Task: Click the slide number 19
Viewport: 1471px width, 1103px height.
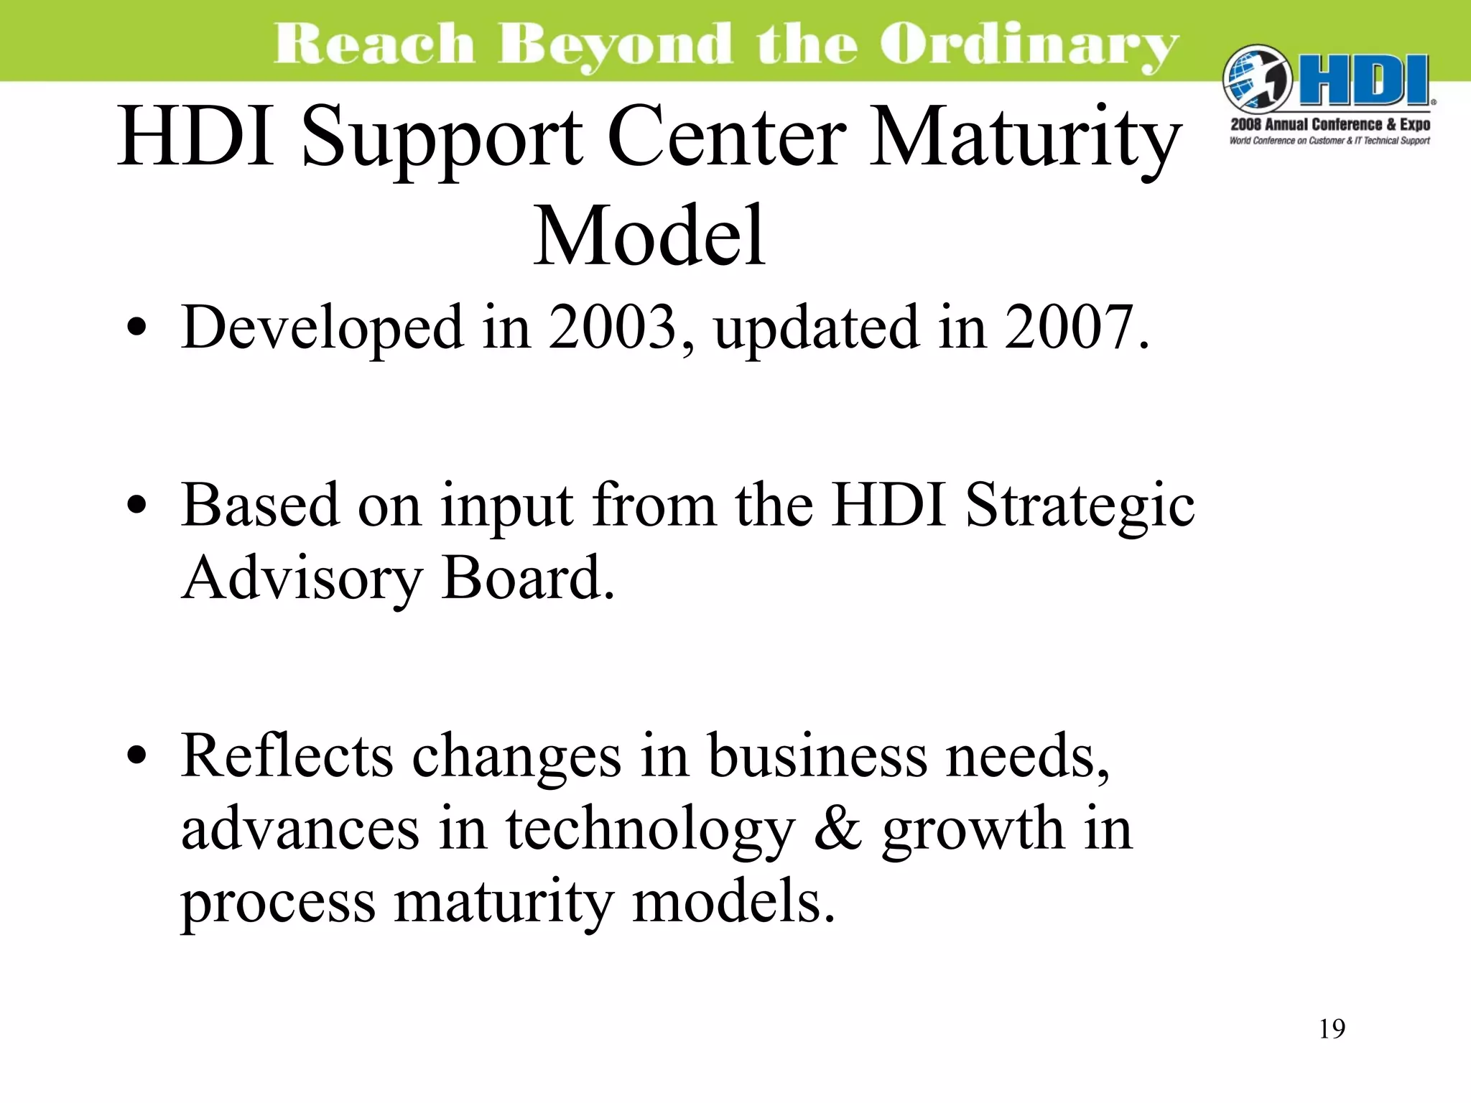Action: click(x=1332, y=1029)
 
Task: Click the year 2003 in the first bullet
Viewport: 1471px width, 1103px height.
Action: click(x=613, y=327)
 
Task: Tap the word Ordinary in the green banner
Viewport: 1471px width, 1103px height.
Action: click(x=1029, y=45)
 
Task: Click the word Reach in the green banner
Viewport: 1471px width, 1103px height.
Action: click(x=374, y=45)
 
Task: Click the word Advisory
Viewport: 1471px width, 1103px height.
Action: click(x=302, y=579)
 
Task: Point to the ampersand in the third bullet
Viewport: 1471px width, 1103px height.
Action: click(x=837, y=829)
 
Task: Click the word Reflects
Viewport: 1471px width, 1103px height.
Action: click(x=287, y=755)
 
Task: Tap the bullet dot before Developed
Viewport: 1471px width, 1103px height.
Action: click(x=136, y=329)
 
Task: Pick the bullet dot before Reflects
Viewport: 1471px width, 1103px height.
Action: click(x=136, y=757)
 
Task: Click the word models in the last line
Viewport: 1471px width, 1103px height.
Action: click(x=733, y=902)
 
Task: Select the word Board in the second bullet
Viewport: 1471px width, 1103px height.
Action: click(x=528, y=579)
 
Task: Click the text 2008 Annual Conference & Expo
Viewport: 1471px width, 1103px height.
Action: click(x=1330, y=124)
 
